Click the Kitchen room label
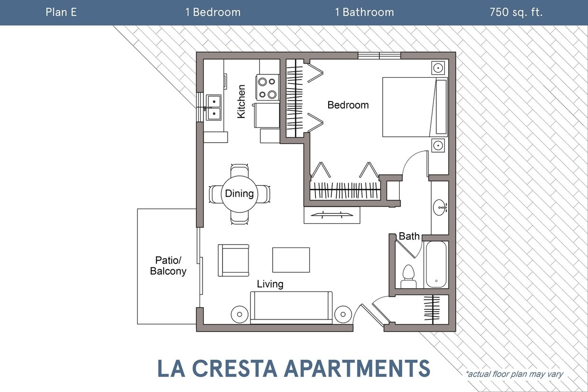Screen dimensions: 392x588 (x=241, y=101)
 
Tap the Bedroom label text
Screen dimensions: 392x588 (x=348, y=105)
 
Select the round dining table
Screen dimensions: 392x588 (x=239, y=193)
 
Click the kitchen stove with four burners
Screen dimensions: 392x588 (x=267, y=88)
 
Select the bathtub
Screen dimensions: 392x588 (x=436, y=264)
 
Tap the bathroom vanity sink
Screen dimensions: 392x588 (x=440, y=207)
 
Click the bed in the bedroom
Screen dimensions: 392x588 (x=415, y=107)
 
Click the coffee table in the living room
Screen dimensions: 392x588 (x=291, y=260)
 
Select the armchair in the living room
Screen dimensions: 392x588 (x=233, y=260)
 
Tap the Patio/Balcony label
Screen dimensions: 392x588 (x=168, y=265)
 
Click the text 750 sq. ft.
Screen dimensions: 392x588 (x=516, y=12)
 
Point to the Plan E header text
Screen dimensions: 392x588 (x=61, y=12)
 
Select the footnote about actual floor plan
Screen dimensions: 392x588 (x=514, y=374)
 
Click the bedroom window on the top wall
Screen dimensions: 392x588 (x=379, y=55)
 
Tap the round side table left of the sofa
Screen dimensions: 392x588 (x=239, y=314)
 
